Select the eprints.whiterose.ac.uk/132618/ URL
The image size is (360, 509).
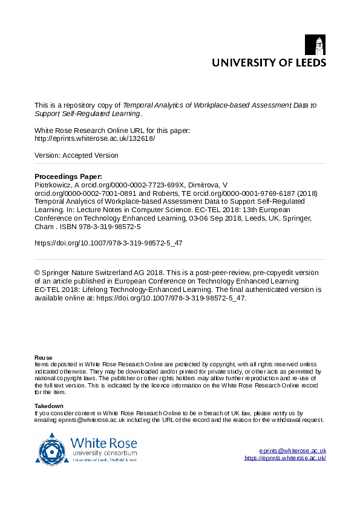tap(95, 138)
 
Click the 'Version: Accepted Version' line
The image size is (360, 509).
tap(77, 155)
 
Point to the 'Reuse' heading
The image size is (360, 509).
tap(44, 357)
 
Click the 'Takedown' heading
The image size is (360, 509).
tap(49, 406)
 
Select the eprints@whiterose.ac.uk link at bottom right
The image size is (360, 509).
tap(292, 451)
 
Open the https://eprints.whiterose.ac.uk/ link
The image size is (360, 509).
tap(285, 458)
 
